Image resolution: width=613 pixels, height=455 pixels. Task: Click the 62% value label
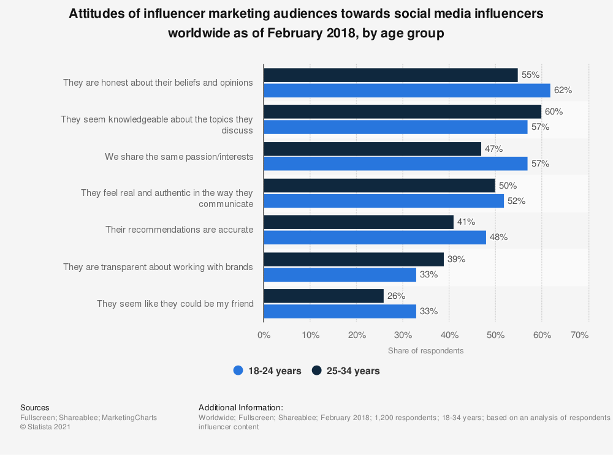pyautogui.click(x=563, y=90)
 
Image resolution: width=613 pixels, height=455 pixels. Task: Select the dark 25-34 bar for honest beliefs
pyautogui.click(x=390, y=75)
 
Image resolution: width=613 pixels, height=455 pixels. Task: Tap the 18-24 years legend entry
pyautogui.click(x=267, y=370)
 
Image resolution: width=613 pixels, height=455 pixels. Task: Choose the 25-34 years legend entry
pyautogui.click(x=346, y=370)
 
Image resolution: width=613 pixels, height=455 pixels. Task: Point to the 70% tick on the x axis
pyautogui.click(x=579, y=335)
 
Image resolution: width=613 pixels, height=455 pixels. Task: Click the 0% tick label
pyautogui.click(x=264, y=335)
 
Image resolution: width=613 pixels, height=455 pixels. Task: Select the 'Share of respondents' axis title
pyautogui.click(x=425, y=351)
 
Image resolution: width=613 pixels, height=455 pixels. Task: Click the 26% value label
pyautogui.click(x=396, y=296)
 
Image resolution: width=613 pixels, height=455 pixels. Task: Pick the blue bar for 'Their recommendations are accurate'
pyautogui.click(x=375, y=238)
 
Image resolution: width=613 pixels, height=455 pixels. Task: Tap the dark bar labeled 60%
pyautogui.click(x=402, y=112)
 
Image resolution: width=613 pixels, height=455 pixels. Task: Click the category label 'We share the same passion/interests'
pyautogui.click(x=179, y=157)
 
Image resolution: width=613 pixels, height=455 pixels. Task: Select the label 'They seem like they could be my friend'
pyautogui.click(x=175, y=304)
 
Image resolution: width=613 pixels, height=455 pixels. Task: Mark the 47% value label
pyautogui.click(x=493, y=149)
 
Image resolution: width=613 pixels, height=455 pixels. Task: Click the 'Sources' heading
pyautogui.click(x=35, y=407)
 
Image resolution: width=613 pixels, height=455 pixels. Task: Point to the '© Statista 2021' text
pyautogui.click(x=45, y=427)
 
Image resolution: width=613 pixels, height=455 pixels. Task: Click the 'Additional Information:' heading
pyautogui.click(x=241, y=407)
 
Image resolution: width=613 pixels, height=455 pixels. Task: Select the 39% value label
pyautogui.click(x=456, y=259)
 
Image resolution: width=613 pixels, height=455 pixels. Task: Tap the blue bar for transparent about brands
pyautogui.click(x=340, y=274)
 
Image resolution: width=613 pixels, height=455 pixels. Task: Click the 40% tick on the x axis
pyautogui.click(x=449, y=335)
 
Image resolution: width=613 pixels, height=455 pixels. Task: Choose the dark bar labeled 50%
pyautogui.click(x=379, y=186)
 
